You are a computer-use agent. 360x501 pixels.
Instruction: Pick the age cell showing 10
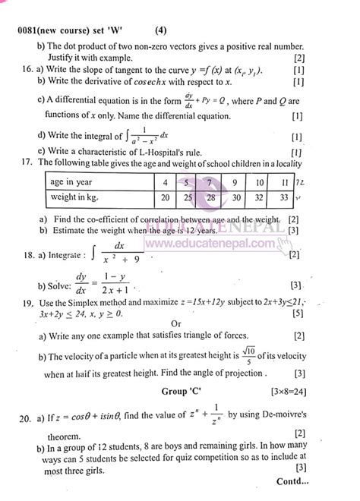coord(260,204)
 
